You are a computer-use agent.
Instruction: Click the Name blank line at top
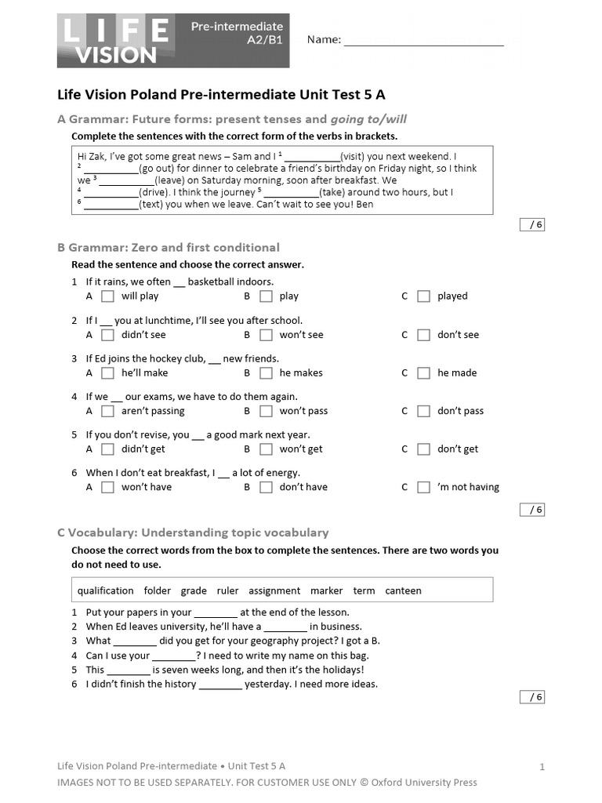point(423,41)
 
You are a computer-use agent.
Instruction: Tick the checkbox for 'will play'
point(108,296)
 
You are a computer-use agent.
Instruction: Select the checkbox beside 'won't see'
point(267,335)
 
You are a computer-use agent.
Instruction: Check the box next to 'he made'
point(423,373)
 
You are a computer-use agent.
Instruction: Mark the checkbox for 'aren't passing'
point(108,411)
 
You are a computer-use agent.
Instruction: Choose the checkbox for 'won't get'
point(267,449)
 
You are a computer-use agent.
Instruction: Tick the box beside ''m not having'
point(423,487)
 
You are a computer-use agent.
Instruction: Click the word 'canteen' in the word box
point(403,590)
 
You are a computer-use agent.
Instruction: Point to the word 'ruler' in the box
point(227,590)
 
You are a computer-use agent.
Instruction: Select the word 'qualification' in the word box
point(106,590)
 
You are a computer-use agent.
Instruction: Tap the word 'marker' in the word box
point(326,590)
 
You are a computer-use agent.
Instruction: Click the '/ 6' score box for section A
point(532,225)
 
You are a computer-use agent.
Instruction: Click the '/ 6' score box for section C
point(532,697)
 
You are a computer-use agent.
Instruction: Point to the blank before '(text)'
point(111,205)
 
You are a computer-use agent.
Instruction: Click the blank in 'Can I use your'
point(173,656)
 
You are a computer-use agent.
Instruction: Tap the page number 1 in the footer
point(542,767)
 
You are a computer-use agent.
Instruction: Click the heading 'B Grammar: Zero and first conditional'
point(169,248)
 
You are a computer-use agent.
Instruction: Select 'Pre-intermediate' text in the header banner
point(238,27)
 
